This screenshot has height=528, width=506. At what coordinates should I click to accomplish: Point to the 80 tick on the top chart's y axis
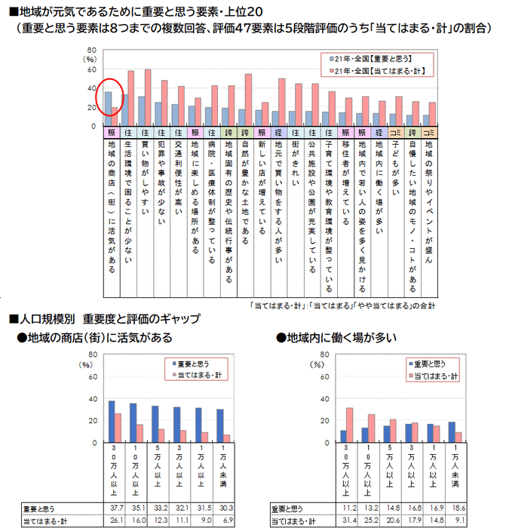[x=91, y=48]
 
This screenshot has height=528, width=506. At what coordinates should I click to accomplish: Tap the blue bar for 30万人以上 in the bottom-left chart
[x=112, y=422]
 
